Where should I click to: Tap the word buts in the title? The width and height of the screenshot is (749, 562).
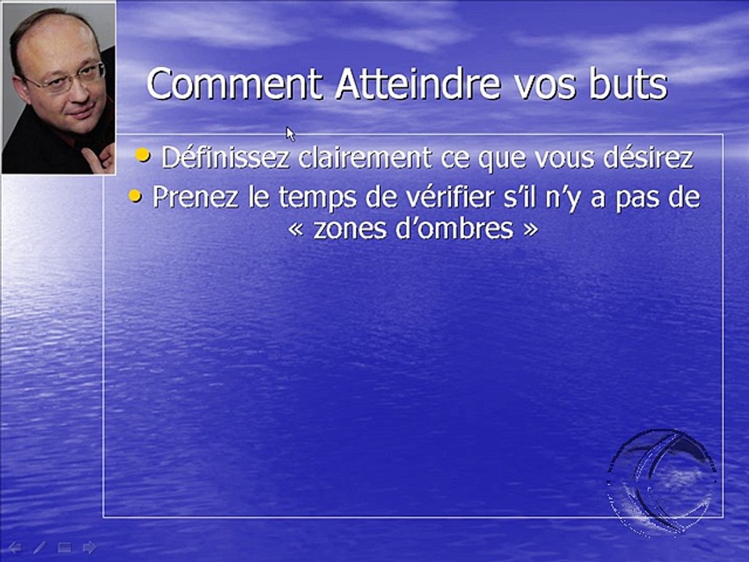628,84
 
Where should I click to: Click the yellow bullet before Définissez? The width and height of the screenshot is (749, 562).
143,156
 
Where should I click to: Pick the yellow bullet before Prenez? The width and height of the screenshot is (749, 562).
136,197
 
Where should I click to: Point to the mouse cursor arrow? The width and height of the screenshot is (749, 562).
290,133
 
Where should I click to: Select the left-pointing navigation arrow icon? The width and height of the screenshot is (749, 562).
14,547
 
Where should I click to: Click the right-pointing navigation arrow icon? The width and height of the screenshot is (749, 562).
90,547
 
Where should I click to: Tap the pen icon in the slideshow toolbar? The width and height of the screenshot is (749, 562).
39,547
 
